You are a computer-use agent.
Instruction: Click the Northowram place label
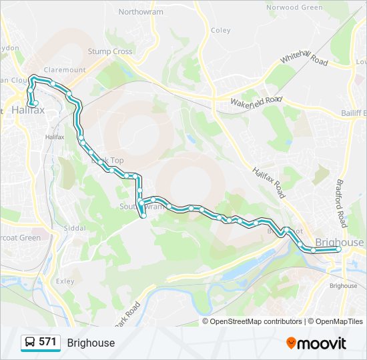click(x=140, y=12)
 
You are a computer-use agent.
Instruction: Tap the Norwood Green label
click(x=294, y=7)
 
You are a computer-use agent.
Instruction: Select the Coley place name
click(x=221, y=30)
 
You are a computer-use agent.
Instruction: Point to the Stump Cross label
click(x=110, y=51)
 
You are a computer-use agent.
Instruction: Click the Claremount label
click(x=65, y=69)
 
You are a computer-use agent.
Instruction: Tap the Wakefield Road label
click(x=256, y=102)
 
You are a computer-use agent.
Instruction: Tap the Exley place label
click(x=65, y=281)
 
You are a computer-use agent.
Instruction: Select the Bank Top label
click(x=108, y=161)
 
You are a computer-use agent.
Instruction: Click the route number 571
click(x=47, y=342)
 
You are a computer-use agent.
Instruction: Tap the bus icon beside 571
click(x=30, y=343)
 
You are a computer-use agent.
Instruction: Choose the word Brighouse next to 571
click(x=91, y=343)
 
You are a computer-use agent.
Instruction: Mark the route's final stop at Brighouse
click(x=338, y=249)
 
